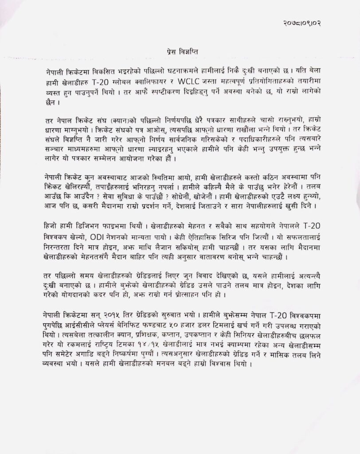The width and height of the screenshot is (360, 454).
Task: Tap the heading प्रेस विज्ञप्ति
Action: click(x=180, y=52)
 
